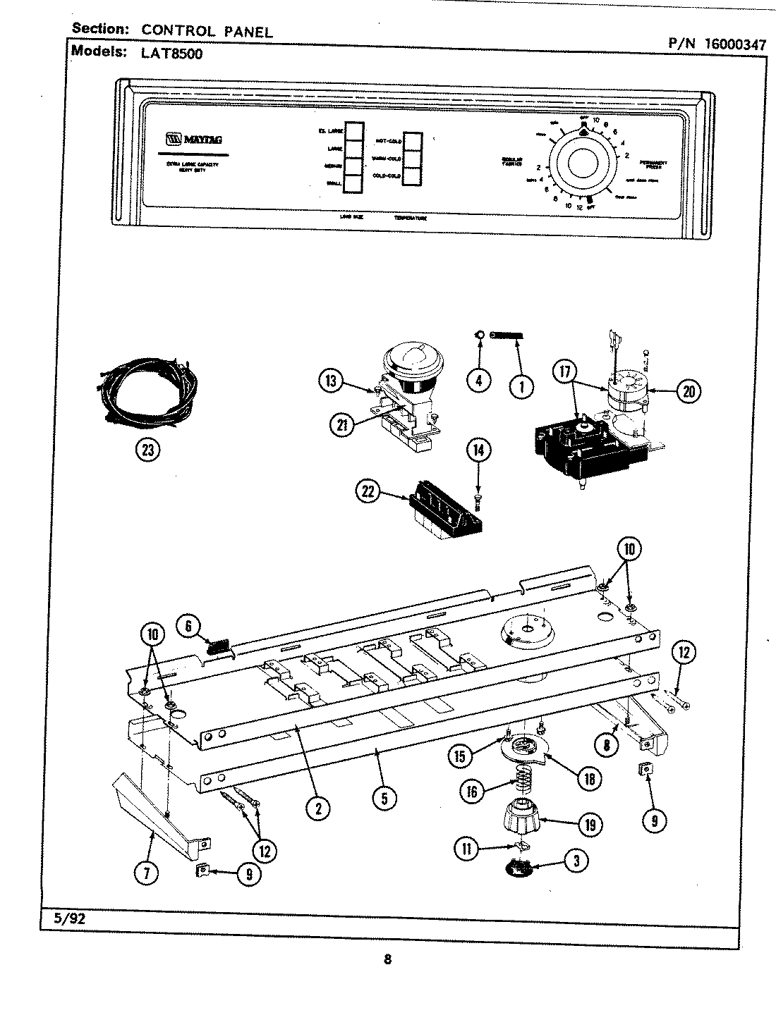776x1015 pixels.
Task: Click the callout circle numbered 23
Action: tap(147, 450)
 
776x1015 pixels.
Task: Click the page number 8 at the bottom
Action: tap(387, 959)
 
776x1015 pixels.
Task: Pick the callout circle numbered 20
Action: tap(688, 390)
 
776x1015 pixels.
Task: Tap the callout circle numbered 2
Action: tap(318, 809)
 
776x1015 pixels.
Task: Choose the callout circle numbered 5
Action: tap(384, 798)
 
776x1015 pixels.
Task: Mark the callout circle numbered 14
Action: tap(479, 450)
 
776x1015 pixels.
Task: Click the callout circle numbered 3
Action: tap(576, 860)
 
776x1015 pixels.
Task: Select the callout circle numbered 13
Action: tap(331, 382)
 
